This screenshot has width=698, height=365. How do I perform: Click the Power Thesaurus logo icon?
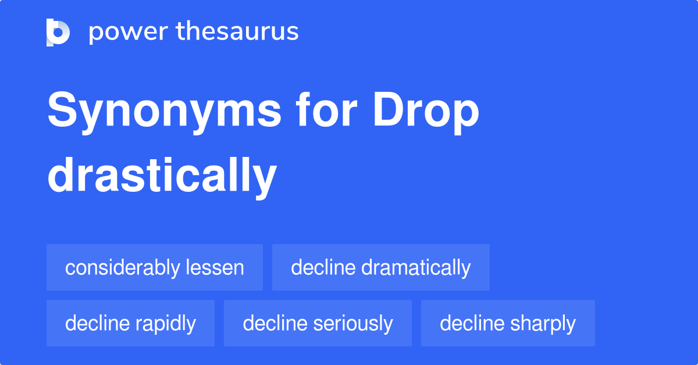point(58,33)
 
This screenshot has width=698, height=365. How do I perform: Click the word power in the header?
point(129,32)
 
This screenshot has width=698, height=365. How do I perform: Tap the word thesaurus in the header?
point(237,31)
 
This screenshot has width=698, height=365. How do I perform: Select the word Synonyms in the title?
point(164,112)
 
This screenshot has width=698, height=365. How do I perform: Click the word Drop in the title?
point(426,112)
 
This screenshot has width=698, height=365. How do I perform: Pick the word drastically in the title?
point(162,177)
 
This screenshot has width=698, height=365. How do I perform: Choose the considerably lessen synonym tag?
point(155,267)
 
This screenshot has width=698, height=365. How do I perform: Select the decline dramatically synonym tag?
point(381,267)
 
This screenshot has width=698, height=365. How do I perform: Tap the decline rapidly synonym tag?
point(130,323)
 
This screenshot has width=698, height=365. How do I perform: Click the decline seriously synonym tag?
point(318,323)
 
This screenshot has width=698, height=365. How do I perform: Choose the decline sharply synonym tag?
point(508,323)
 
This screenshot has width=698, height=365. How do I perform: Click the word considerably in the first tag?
point(123,268)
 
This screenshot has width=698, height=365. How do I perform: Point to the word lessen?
point(215,267)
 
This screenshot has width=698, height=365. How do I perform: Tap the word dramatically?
point(416,268)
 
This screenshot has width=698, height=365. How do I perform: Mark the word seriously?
point(353,324)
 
